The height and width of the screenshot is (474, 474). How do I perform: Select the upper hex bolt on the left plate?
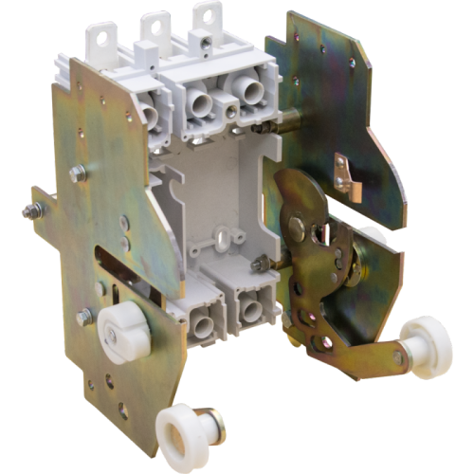(78, 172)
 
